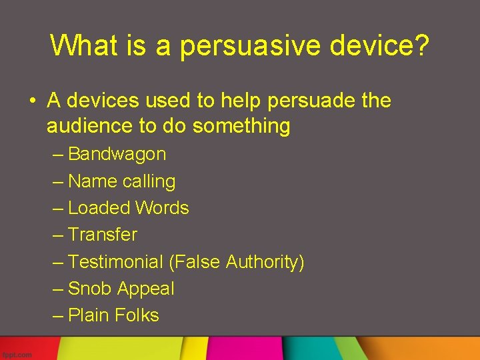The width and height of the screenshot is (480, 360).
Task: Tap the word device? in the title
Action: [x=390, y=45]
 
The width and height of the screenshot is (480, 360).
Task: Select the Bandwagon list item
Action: [x=117, y=154]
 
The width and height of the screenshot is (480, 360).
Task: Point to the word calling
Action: [x=149, y=182]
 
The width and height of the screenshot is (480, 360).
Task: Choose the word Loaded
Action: [x=99, y=208]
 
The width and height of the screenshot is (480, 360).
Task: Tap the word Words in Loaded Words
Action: [x=162, y=208]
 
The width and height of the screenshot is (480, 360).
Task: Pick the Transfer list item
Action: [x=103, y=235]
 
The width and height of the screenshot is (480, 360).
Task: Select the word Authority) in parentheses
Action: [x=265, y=263]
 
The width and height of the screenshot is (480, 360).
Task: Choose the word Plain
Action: [x=89, y=315]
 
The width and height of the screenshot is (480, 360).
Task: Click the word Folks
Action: [x=137, y=315]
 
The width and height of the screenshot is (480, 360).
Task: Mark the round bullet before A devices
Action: [x=32, y=102]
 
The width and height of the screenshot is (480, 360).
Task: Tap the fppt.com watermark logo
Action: [x=16, y=355]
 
